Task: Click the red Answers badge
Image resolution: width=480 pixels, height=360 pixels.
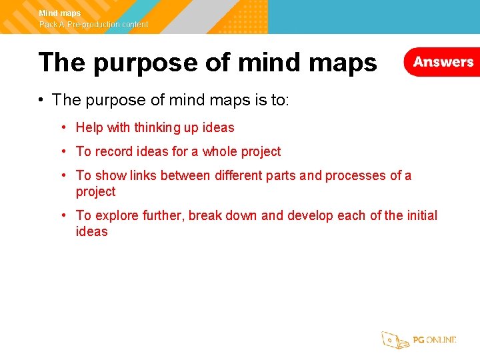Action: (443, 62)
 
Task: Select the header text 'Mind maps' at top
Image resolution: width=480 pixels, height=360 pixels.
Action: (60, 13)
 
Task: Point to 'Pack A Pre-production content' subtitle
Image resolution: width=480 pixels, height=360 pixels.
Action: (94, 25)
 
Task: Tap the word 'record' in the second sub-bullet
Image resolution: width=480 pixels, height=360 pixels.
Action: (113, 151)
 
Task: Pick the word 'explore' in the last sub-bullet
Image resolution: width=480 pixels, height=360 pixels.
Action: (117, 215)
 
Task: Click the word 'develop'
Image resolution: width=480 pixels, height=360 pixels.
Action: (311, 215)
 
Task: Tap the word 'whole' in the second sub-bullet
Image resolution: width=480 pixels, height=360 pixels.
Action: (219, 151)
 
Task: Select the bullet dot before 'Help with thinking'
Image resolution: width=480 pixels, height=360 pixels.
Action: (62, 127)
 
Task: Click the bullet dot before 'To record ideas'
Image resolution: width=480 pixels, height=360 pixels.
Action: (62, 151)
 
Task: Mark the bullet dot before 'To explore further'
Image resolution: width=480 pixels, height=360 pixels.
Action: (62, 215)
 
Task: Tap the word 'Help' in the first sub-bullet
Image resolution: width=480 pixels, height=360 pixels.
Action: (89, 127)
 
